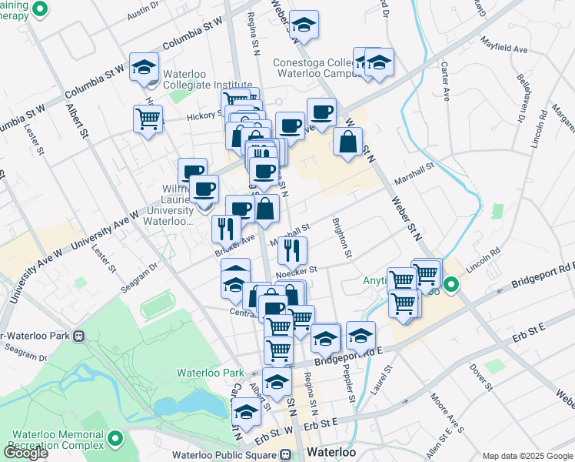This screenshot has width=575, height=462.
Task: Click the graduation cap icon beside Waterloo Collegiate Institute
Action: click(x=144, y=67)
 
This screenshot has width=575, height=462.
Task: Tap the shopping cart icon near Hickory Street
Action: click(x=148, y=119)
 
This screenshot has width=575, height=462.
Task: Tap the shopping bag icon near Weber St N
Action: click(x=347, y=142)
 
